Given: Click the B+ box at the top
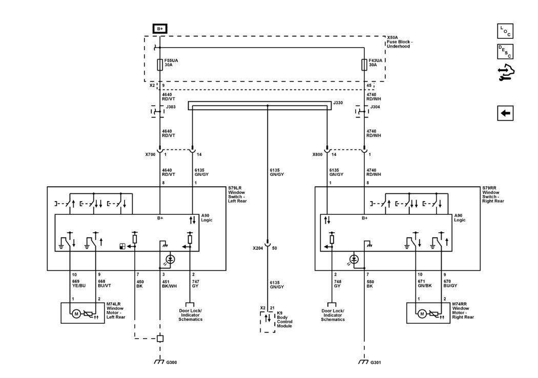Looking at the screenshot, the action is pos(160,29).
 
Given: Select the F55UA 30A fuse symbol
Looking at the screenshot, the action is pos(160,65).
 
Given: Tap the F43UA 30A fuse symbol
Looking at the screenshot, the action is pos(364,65).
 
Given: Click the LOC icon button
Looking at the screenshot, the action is pos(505,31).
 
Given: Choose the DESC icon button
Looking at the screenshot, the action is pos(505,52).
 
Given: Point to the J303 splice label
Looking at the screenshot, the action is pos(171,107).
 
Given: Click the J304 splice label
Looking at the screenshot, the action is pos(375,107).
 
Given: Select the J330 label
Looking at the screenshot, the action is pos(338,103).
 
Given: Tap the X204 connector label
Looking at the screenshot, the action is pos(258,248).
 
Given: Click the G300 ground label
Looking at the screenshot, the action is pos(172,362).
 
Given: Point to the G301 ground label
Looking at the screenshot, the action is pos(376,362).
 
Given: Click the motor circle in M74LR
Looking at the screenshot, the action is pos(76,314).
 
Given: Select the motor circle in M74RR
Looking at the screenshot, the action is pos(422,314).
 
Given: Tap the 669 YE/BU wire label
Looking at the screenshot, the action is pos(78,283).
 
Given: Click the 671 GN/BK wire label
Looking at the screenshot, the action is pos(424,283).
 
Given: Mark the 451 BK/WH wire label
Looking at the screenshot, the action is pos(169,284).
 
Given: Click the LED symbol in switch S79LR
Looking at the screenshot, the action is pos(171,259).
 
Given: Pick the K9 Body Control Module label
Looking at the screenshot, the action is pos(285,320).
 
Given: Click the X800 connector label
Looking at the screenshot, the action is pos(317,154).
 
